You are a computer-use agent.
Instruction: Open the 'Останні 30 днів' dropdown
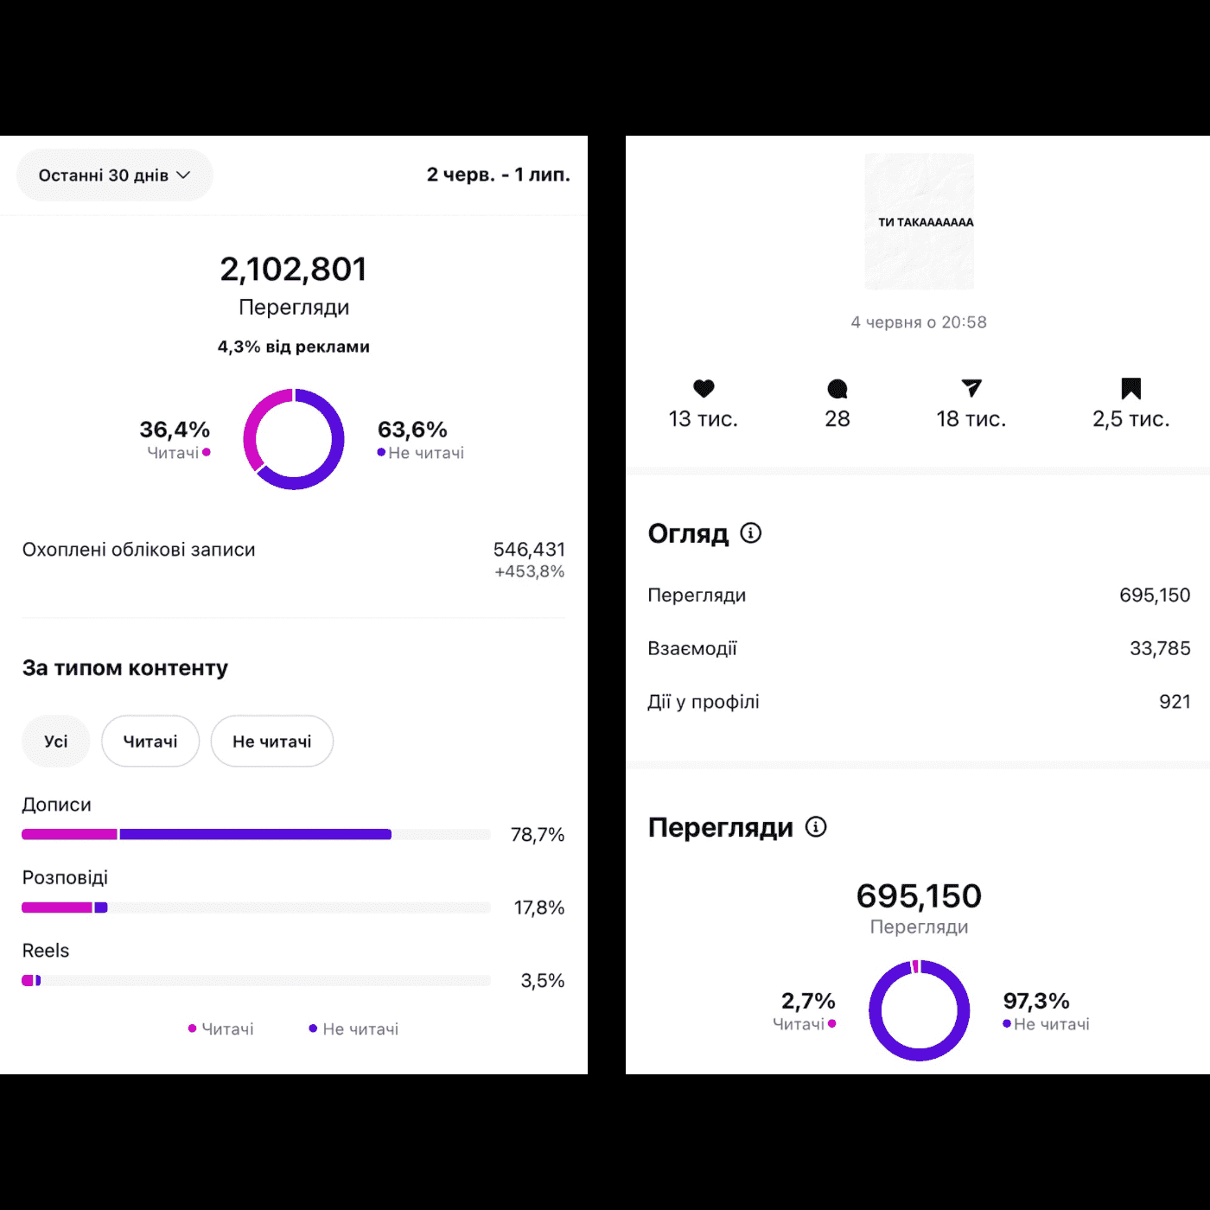pos(114,175)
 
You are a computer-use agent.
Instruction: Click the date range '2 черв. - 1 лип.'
pos(498,175)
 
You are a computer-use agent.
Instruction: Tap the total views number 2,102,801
pos(294,270)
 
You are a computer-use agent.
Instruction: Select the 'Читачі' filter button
pos(150,742)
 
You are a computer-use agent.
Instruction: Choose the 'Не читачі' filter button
pos(272,742)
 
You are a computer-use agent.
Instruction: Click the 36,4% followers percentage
pos(175,430)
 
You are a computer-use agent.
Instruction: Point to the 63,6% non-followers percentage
pos(412,430)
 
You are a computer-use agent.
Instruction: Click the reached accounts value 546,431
pos(529,550)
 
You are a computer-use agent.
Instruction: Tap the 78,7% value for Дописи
pos(537,835)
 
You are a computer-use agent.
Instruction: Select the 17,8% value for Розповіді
pos(538,907)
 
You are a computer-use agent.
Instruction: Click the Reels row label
pos(46,951)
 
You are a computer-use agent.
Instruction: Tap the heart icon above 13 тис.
pos(704,389)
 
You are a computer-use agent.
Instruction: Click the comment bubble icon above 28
pos(837,389)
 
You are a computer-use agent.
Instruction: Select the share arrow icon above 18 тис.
pos(971,389)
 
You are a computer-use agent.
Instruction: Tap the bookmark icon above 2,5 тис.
pos(1130,389)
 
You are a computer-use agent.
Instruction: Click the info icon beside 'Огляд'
pos(751,533)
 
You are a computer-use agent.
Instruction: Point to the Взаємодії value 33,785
pos(1160,648)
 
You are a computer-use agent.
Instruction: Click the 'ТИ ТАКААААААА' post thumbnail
pos(920,221)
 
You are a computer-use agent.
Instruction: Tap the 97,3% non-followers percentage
pos(1036,1001)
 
